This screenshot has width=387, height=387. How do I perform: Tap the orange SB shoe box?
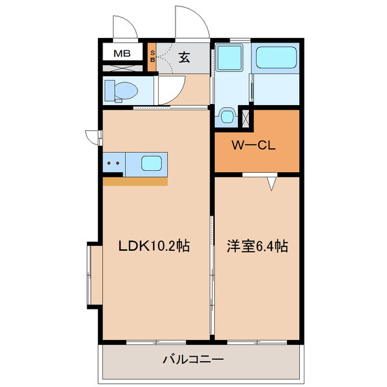152,57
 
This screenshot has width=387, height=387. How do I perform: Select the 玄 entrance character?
184,57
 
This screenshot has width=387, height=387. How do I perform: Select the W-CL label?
254,145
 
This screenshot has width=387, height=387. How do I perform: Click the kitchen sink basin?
152,163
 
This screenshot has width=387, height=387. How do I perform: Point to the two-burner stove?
114,163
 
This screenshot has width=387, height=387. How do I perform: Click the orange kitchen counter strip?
135,181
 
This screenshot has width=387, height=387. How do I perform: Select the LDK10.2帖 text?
154,246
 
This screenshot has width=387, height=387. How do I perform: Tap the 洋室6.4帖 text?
256,246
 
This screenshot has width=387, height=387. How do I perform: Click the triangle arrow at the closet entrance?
272,184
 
